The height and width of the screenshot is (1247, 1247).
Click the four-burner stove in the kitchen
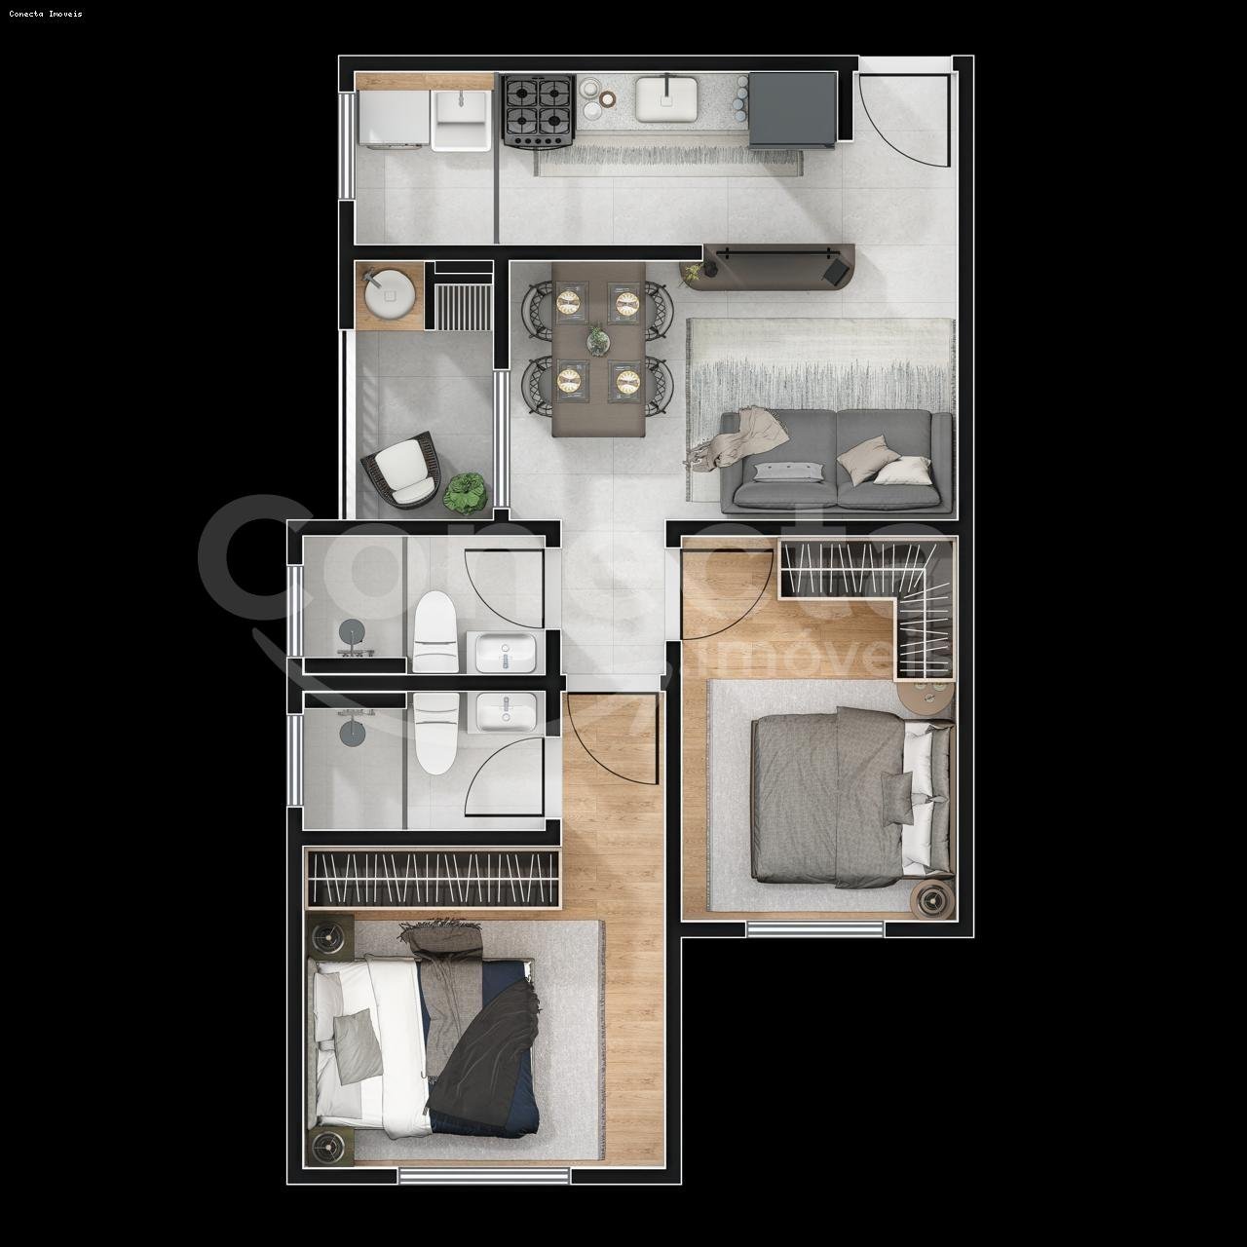pyautogui.click(x=537, y=110)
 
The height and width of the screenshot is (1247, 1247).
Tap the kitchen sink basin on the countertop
pyautogui.click(x=666, y=99)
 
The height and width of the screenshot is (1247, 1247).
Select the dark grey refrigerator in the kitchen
pyautogui.click(x=791, y=109)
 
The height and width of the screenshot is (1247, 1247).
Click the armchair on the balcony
pyautogui.click(x=403, y=472)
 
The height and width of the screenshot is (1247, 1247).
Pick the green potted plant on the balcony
pyautogui.click(x=464, y=493)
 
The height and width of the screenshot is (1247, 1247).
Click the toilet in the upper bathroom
pyautogui.click(x=435, y=632)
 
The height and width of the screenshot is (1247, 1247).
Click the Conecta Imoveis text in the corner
pyautogui.click(x=46, y=14)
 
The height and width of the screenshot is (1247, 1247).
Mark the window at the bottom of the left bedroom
pyautogui.click(x=484, y=1176)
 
